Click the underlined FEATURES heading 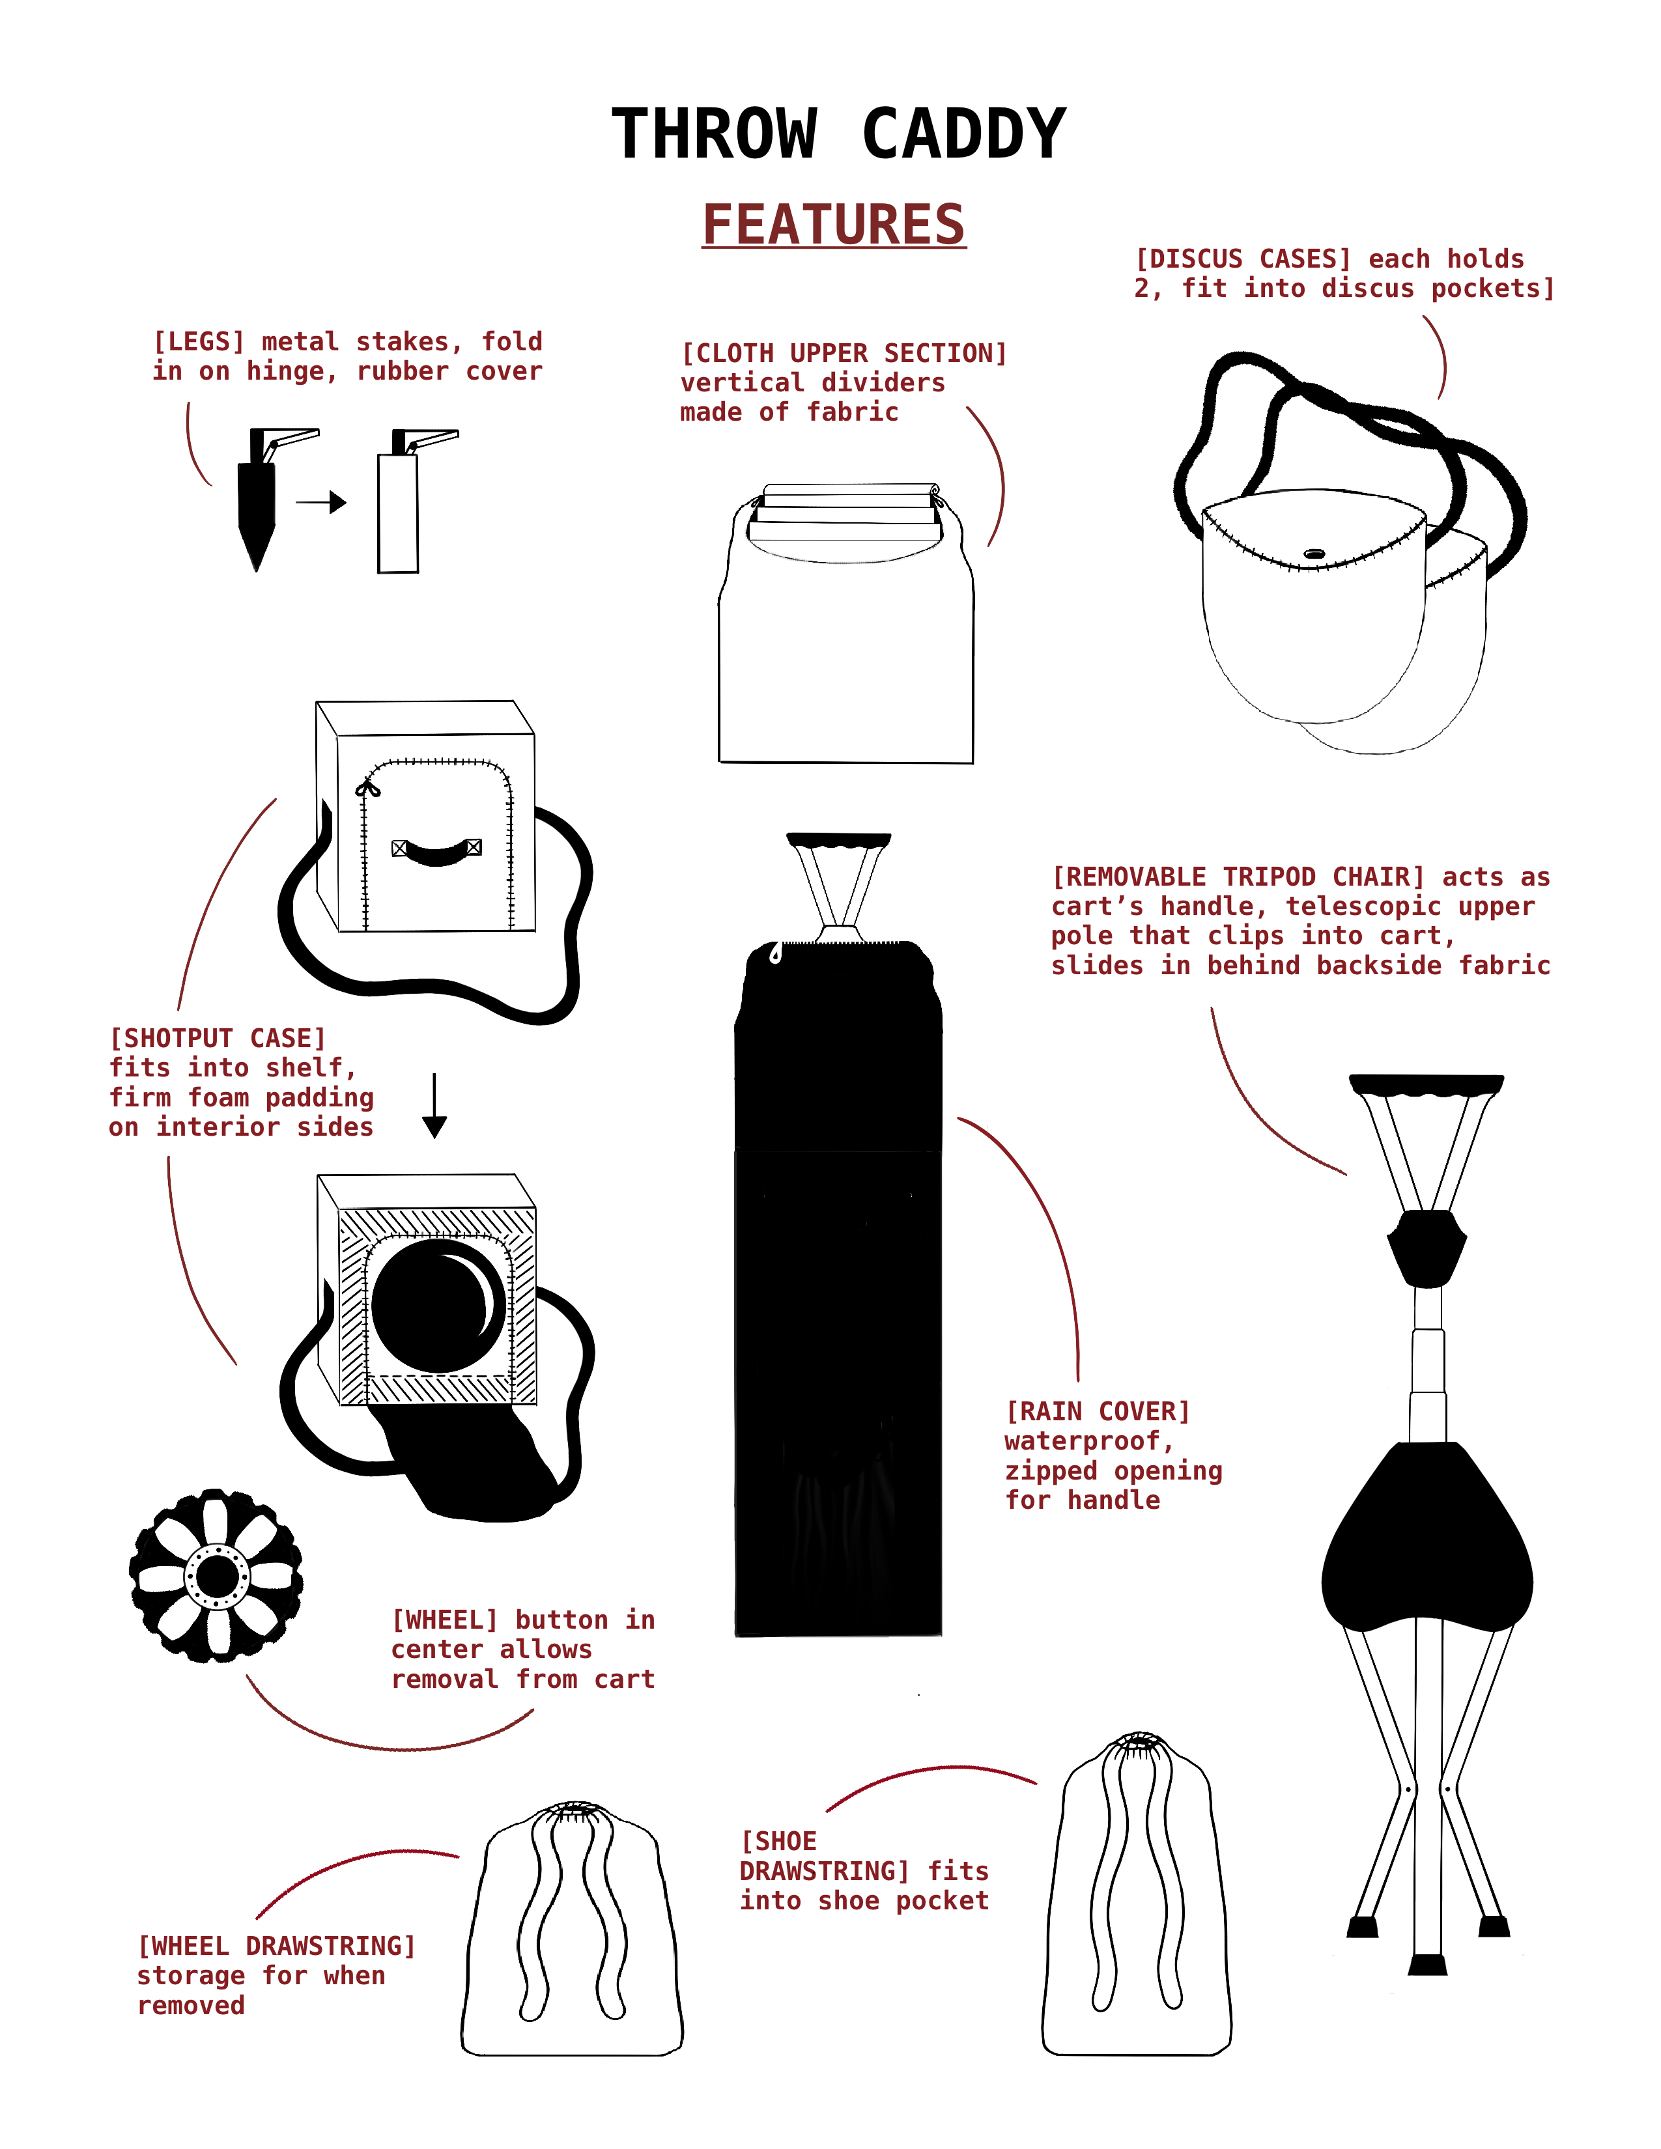[x=834, y=225]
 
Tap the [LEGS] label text [x=347, y=356]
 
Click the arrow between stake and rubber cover [x=320, y=503]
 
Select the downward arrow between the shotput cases [x=434, y=1106]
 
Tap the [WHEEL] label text [x=524, y=1649]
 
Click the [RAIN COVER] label [x=1113, y=1455]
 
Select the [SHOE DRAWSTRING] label [x=864, y=1870]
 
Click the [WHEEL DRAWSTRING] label [x=276, y=1976]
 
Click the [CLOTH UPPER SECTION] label [x=844, y=383]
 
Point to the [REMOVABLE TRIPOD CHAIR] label [x=1300, y=921]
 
